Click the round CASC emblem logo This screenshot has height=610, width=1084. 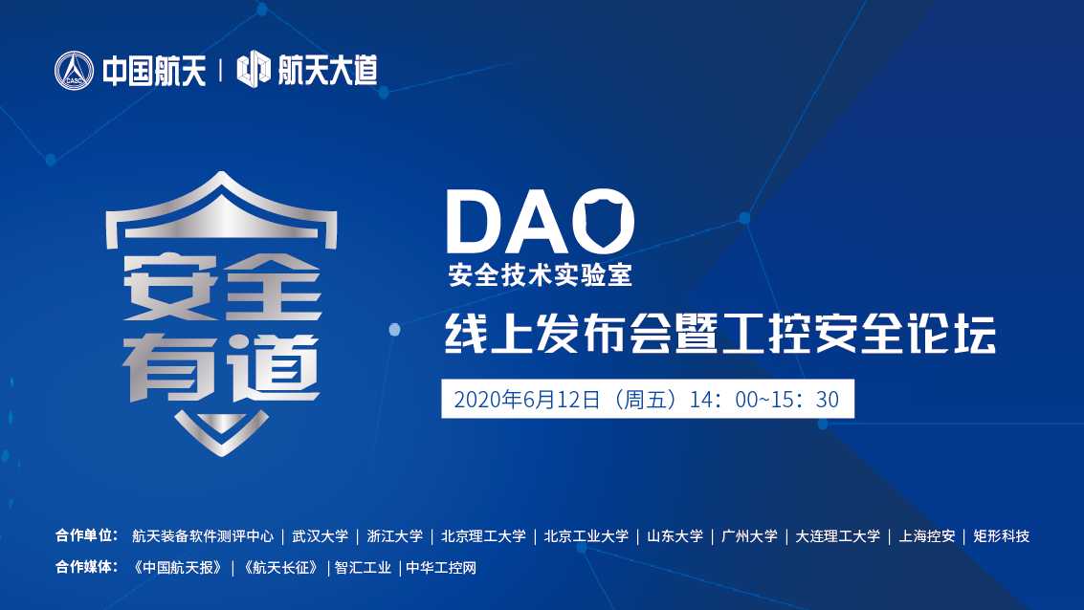(75, 71)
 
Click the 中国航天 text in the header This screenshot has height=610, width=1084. (154, 71)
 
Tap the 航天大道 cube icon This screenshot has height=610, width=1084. (253, 70)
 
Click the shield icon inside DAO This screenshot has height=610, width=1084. (608, 223)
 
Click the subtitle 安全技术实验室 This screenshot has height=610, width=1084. (541, 277)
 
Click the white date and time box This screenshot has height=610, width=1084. (647, 400)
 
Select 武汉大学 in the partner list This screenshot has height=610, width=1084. (321, 536)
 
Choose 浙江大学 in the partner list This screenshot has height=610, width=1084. (394, 536)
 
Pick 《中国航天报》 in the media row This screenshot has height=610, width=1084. (182, 568)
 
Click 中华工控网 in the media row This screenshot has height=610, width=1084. (441, 568)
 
